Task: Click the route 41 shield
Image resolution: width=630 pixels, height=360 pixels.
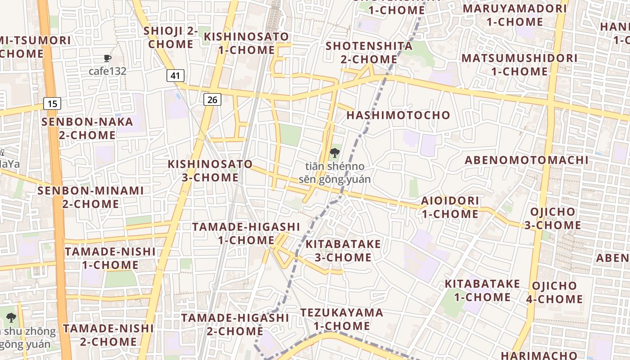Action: [x=175, y=76]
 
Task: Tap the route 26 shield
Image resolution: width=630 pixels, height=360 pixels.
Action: [x=212, y=99]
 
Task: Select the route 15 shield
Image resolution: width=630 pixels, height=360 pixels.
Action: [x=52, y=104]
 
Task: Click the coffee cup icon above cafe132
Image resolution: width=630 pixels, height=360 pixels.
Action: [x=107, y=58]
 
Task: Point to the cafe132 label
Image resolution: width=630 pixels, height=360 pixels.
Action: [x=107, y=71]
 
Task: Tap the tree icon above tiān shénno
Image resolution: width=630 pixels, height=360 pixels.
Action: [x=334, y=153]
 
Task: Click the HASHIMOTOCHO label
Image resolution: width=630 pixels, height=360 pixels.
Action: [x=398, y=115]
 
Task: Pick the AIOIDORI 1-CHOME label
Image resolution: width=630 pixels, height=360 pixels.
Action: [x=450, y=207]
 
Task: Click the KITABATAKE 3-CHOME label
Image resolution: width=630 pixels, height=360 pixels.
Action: [x=343, y=251]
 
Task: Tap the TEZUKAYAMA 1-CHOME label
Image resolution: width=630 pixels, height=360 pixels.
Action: [x=342, y=319]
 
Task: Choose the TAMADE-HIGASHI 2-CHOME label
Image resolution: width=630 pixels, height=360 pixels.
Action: [x=235, y=324]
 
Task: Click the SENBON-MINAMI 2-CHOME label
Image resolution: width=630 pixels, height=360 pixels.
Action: [x=90, y=197]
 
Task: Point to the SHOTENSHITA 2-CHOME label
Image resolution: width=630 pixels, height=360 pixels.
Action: [x=369, y=52]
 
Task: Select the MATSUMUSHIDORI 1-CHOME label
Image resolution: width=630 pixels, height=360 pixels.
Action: [x=519, y=64]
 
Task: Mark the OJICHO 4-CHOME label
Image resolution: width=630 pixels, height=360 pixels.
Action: [x=554, y=292]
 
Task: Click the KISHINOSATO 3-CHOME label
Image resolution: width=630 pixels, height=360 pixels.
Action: [x=210, y=171]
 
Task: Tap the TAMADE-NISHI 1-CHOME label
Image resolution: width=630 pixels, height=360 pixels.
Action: [x=110, y=258]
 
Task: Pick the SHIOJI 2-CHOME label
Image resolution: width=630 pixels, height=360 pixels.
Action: [x=171, y=37]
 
